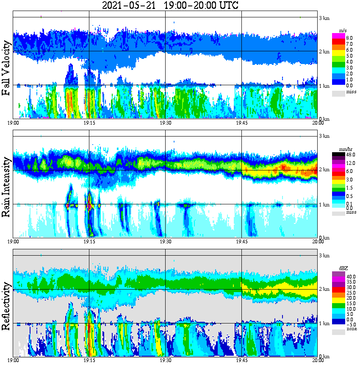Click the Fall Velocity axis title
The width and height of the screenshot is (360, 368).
point(6,68)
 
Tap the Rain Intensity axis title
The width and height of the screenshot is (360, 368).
point(6,187)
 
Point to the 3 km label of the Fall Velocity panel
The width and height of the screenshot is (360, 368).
point(324,17)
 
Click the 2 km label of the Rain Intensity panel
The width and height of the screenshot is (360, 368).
point(324,170)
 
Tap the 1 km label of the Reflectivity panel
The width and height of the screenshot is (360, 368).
point(324,323)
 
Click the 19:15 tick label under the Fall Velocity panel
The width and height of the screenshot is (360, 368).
point(89,123)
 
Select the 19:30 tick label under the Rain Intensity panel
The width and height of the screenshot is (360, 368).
point(165,242)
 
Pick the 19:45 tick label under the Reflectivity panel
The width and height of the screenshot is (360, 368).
point(241,361)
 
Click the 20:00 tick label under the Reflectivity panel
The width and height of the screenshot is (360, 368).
point(318,361)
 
